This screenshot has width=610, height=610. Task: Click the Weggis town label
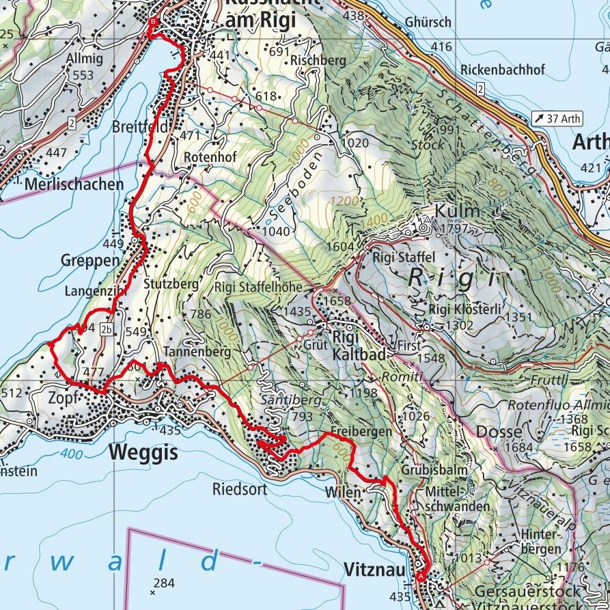[x=143, y=452]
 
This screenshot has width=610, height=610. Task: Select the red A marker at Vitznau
[x=420, y=576]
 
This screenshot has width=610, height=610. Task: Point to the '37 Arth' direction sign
[x=557, y=119]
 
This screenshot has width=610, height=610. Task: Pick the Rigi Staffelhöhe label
[x=258, y=287]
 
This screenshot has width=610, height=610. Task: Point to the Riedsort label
[x=238, y=489]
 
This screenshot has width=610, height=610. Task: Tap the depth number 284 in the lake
[x=164, y=583]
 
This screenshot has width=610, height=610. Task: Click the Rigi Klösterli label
[x=465, y=309]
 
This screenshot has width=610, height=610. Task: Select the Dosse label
[x=499, y=432]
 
